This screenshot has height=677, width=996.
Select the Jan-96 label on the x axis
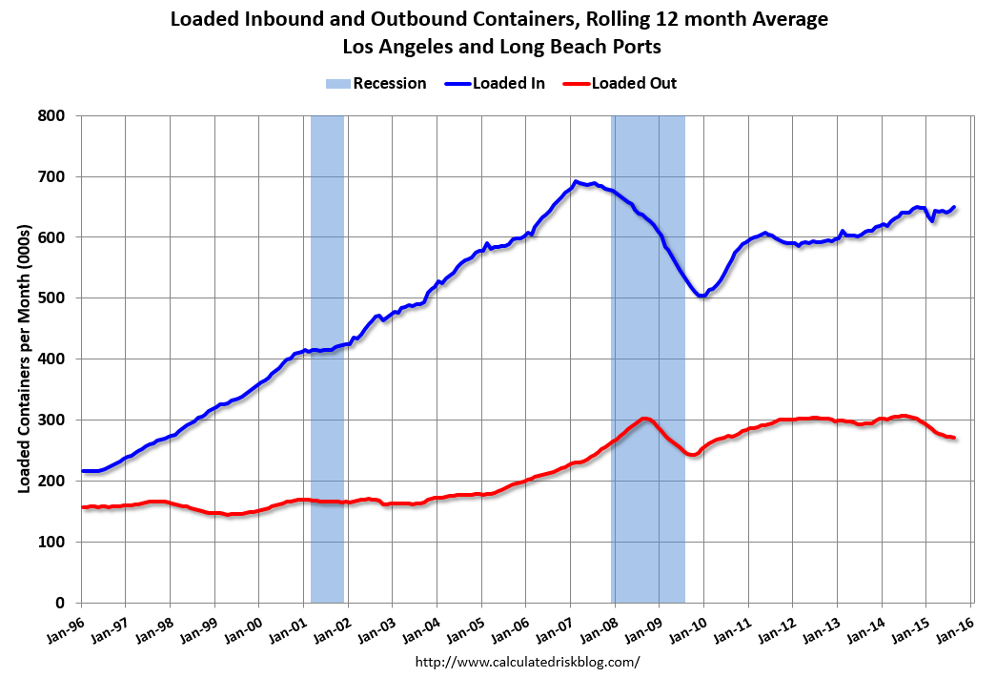point(63,625)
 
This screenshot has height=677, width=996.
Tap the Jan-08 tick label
point(597,625)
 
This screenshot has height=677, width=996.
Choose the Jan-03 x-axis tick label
point(374,625)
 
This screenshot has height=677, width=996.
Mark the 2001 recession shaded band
point(327,359)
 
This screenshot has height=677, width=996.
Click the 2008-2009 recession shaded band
point(648,359)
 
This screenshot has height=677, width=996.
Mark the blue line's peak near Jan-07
point(576,181)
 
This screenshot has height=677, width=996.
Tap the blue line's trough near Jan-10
point(702,296)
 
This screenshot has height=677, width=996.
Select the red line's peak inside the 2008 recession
point(644,419)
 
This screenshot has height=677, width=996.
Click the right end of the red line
point(954,439)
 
